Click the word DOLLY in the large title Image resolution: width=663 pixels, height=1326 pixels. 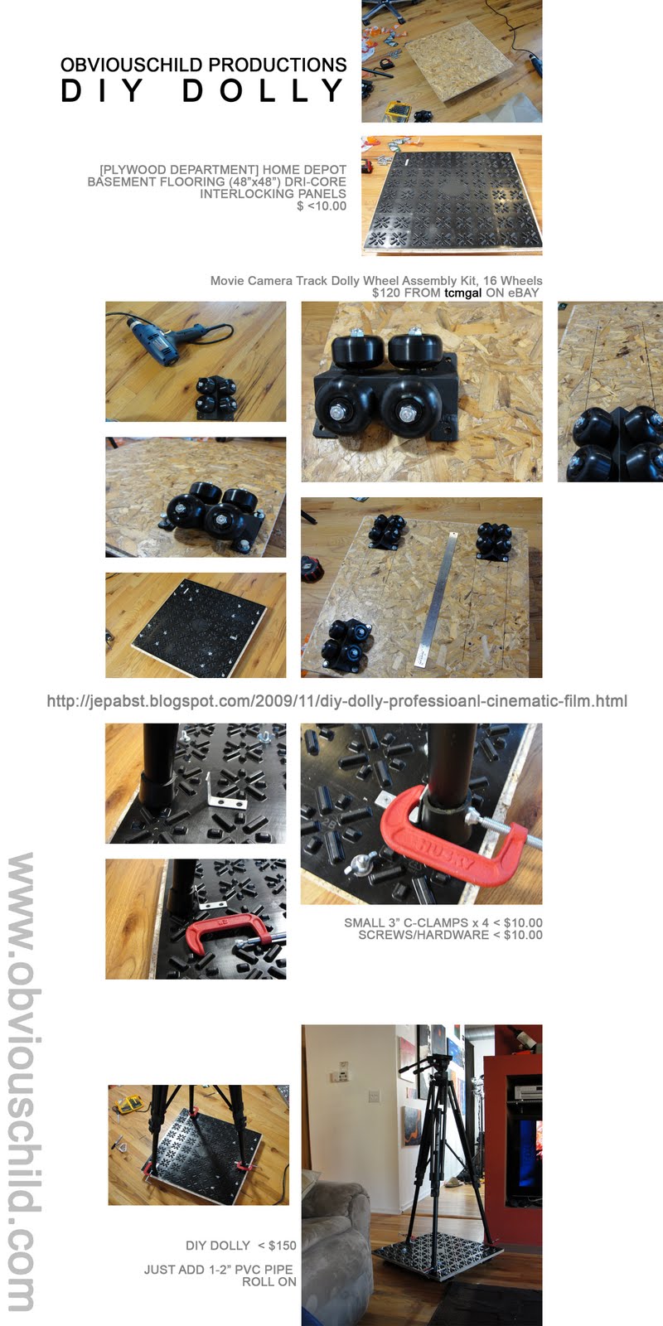[x=263, y=90]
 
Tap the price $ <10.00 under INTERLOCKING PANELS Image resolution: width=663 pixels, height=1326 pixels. [x=322, y=206]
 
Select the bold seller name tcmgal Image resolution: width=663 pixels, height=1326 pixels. [x=463, y=293]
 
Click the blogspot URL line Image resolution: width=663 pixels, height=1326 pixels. [x=336, y=701]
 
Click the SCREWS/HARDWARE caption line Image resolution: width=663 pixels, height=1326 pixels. [x=450, y=935]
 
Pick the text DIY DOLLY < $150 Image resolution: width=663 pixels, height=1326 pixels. [x=241, y=1246]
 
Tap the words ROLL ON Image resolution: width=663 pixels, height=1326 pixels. [x=269, y=1281]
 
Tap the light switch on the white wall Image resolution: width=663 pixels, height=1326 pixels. [x=374, y=1096]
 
